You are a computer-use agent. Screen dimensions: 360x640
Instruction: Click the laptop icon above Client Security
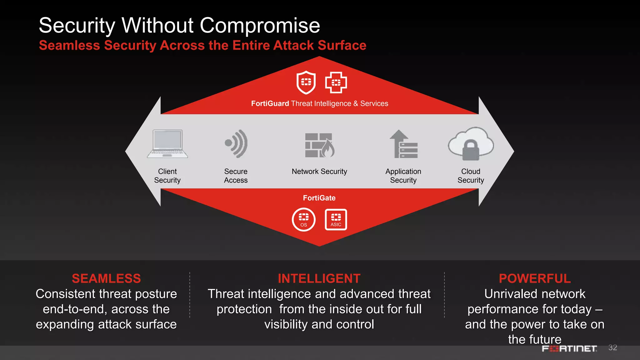167,144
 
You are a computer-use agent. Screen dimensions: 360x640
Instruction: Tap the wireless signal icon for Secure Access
237,144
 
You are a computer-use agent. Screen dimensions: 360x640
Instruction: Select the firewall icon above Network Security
319,145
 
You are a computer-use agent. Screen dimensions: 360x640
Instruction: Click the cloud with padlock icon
471,144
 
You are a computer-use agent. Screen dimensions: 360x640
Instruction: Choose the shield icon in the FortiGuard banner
306,82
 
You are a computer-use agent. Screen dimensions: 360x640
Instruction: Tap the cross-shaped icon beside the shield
336,82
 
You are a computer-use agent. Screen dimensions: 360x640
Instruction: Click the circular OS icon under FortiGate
304,219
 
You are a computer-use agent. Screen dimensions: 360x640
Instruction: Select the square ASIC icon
336,219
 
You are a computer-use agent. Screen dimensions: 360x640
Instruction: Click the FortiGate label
319,198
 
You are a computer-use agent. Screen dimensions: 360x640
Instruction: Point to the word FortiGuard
270,103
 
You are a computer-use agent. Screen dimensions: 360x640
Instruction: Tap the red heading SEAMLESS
106,278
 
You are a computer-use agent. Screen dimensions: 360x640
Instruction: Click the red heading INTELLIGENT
319,278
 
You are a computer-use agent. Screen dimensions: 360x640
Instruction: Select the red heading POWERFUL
535,278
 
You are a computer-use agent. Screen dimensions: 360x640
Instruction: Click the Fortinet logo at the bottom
569,348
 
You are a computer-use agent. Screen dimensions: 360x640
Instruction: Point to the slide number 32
612,347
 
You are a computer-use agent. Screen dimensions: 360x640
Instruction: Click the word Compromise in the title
260,25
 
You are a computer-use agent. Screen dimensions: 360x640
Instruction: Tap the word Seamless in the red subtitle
69,45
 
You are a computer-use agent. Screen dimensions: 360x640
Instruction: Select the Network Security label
319,172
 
